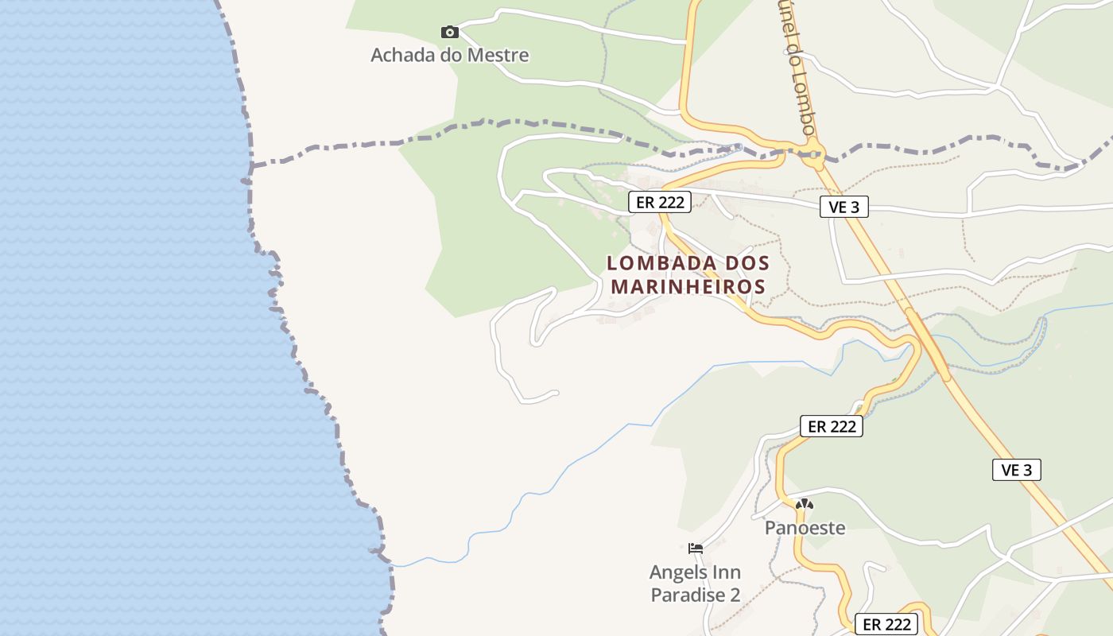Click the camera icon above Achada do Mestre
(450, 33)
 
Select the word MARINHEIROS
(688, 286)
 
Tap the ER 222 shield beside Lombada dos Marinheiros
(660, 202)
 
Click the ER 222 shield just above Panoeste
(832, 426)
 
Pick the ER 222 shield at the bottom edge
(886, 624)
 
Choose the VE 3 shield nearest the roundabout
(844, 207)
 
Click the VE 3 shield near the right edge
(1017, 470)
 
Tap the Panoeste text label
(805, 528)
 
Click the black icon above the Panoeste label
(805, 504)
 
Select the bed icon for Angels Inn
(696, 549)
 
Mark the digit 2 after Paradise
(735, 595)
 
